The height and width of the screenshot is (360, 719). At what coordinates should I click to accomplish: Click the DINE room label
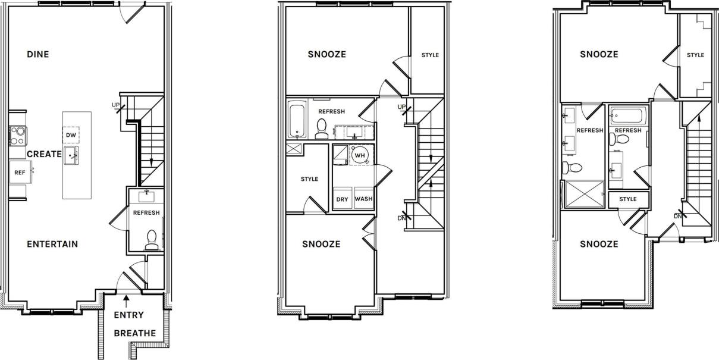point(38,55)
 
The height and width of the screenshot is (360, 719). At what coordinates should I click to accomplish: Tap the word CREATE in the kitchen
point(44,154)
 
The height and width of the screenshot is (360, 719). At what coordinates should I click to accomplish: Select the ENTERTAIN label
point(52,244)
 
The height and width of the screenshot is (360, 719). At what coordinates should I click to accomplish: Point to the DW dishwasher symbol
point(71,136)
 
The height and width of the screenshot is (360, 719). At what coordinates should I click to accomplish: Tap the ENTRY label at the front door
point(128,315)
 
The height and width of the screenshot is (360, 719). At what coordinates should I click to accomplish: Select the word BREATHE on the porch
point(134,333)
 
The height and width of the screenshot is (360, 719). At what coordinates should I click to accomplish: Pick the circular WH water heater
point(360,155)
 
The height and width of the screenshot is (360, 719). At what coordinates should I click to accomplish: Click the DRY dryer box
point(342,199)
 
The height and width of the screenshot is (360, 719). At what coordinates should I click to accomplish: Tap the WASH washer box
point(363,199)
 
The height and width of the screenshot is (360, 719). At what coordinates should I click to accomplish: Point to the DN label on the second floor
point(402,218)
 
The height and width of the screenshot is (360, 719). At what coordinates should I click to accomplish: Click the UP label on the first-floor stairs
point(116,105)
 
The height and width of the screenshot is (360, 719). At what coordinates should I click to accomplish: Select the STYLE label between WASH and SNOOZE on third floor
point(627,199)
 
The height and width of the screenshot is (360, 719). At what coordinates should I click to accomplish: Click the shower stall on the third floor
point(583,195)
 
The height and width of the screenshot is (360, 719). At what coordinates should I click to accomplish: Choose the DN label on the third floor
point(678,215)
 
